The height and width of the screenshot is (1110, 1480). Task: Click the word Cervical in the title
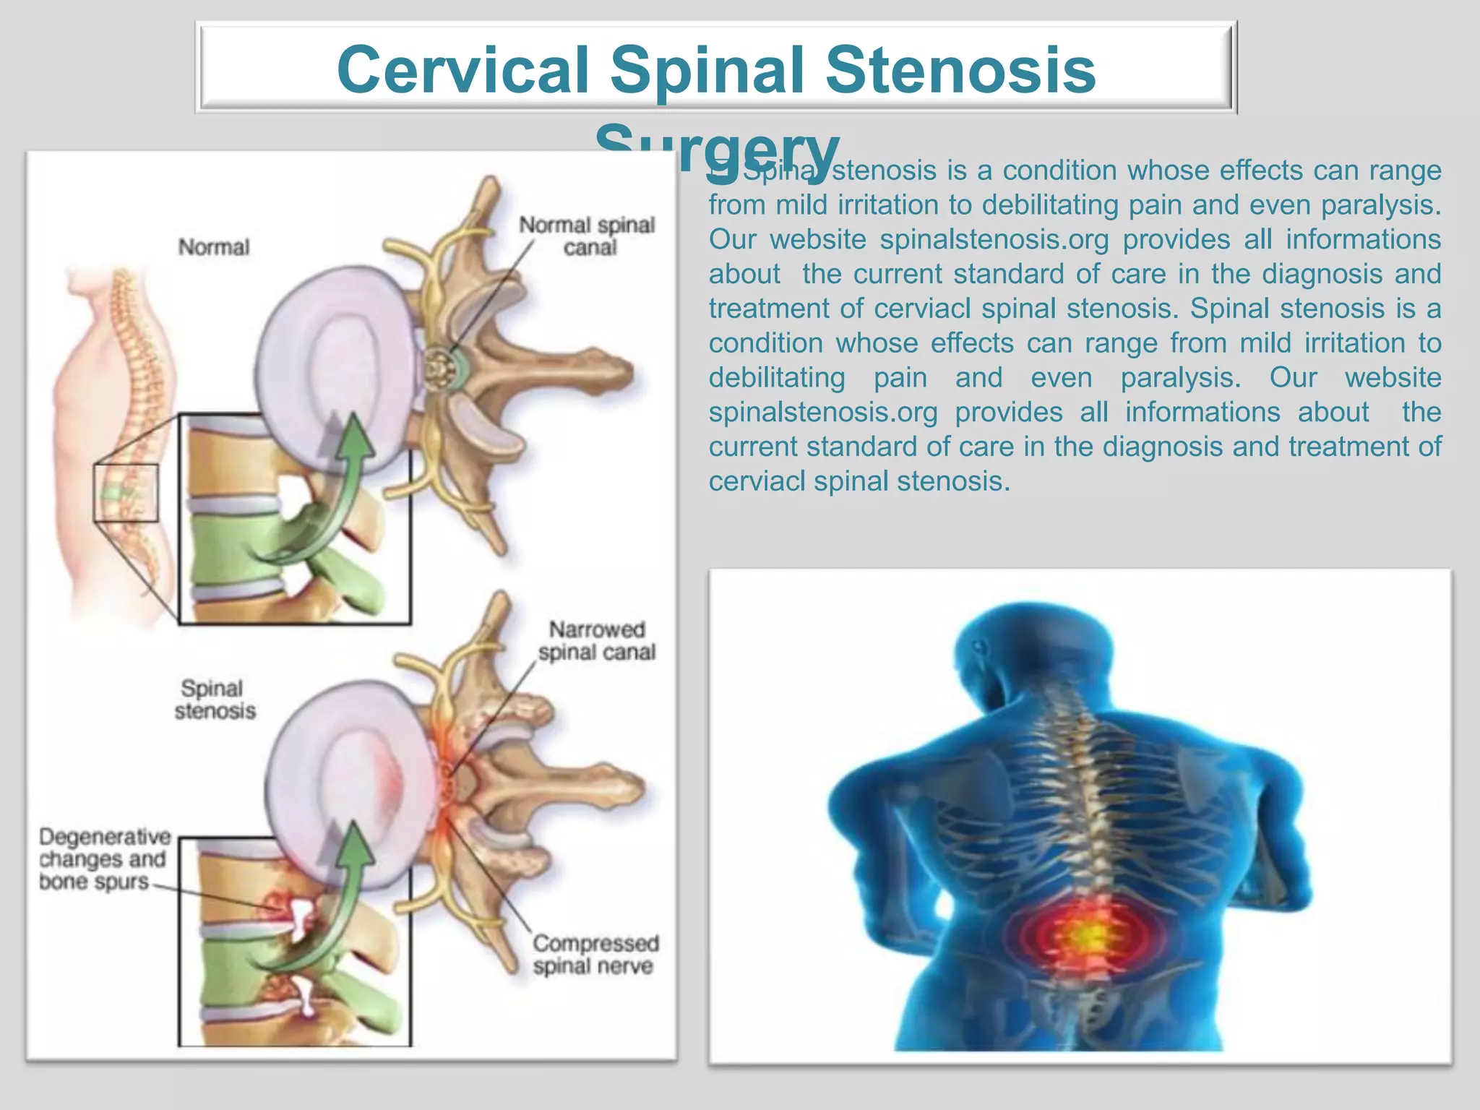coord(463,70)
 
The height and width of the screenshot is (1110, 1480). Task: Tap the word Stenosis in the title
coord(960,70)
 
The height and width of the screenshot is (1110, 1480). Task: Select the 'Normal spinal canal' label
coord(588,236)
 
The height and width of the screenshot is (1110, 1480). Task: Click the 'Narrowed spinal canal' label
coord(597,641)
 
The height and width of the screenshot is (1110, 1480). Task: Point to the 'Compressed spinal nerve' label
coord(595,955)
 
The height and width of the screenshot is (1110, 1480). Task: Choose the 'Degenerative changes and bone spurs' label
coord(104,859)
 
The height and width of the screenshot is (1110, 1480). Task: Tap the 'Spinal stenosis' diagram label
coord(215,700)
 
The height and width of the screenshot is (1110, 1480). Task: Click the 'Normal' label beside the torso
coord(214,247)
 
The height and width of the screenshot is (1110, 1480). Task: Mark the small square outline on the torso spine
coord(126,493)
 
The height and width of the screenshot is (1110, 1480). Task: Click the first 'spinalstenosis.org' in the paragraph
coord(994,239)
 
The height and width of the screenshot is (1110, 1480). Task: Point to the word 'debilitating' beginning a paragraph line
coord(777,377)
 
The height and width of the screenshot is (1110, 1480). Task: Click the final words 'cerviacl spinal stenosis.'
coord(859,481)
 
